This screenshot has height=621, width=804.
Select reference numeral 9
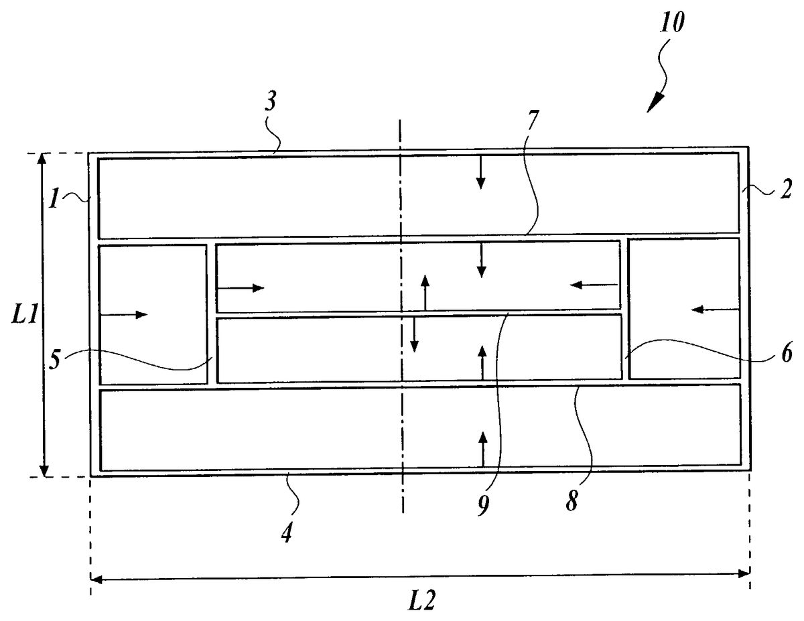[484, 502]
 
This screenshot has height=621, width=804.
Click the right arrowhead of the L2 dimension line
[744, 573]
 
